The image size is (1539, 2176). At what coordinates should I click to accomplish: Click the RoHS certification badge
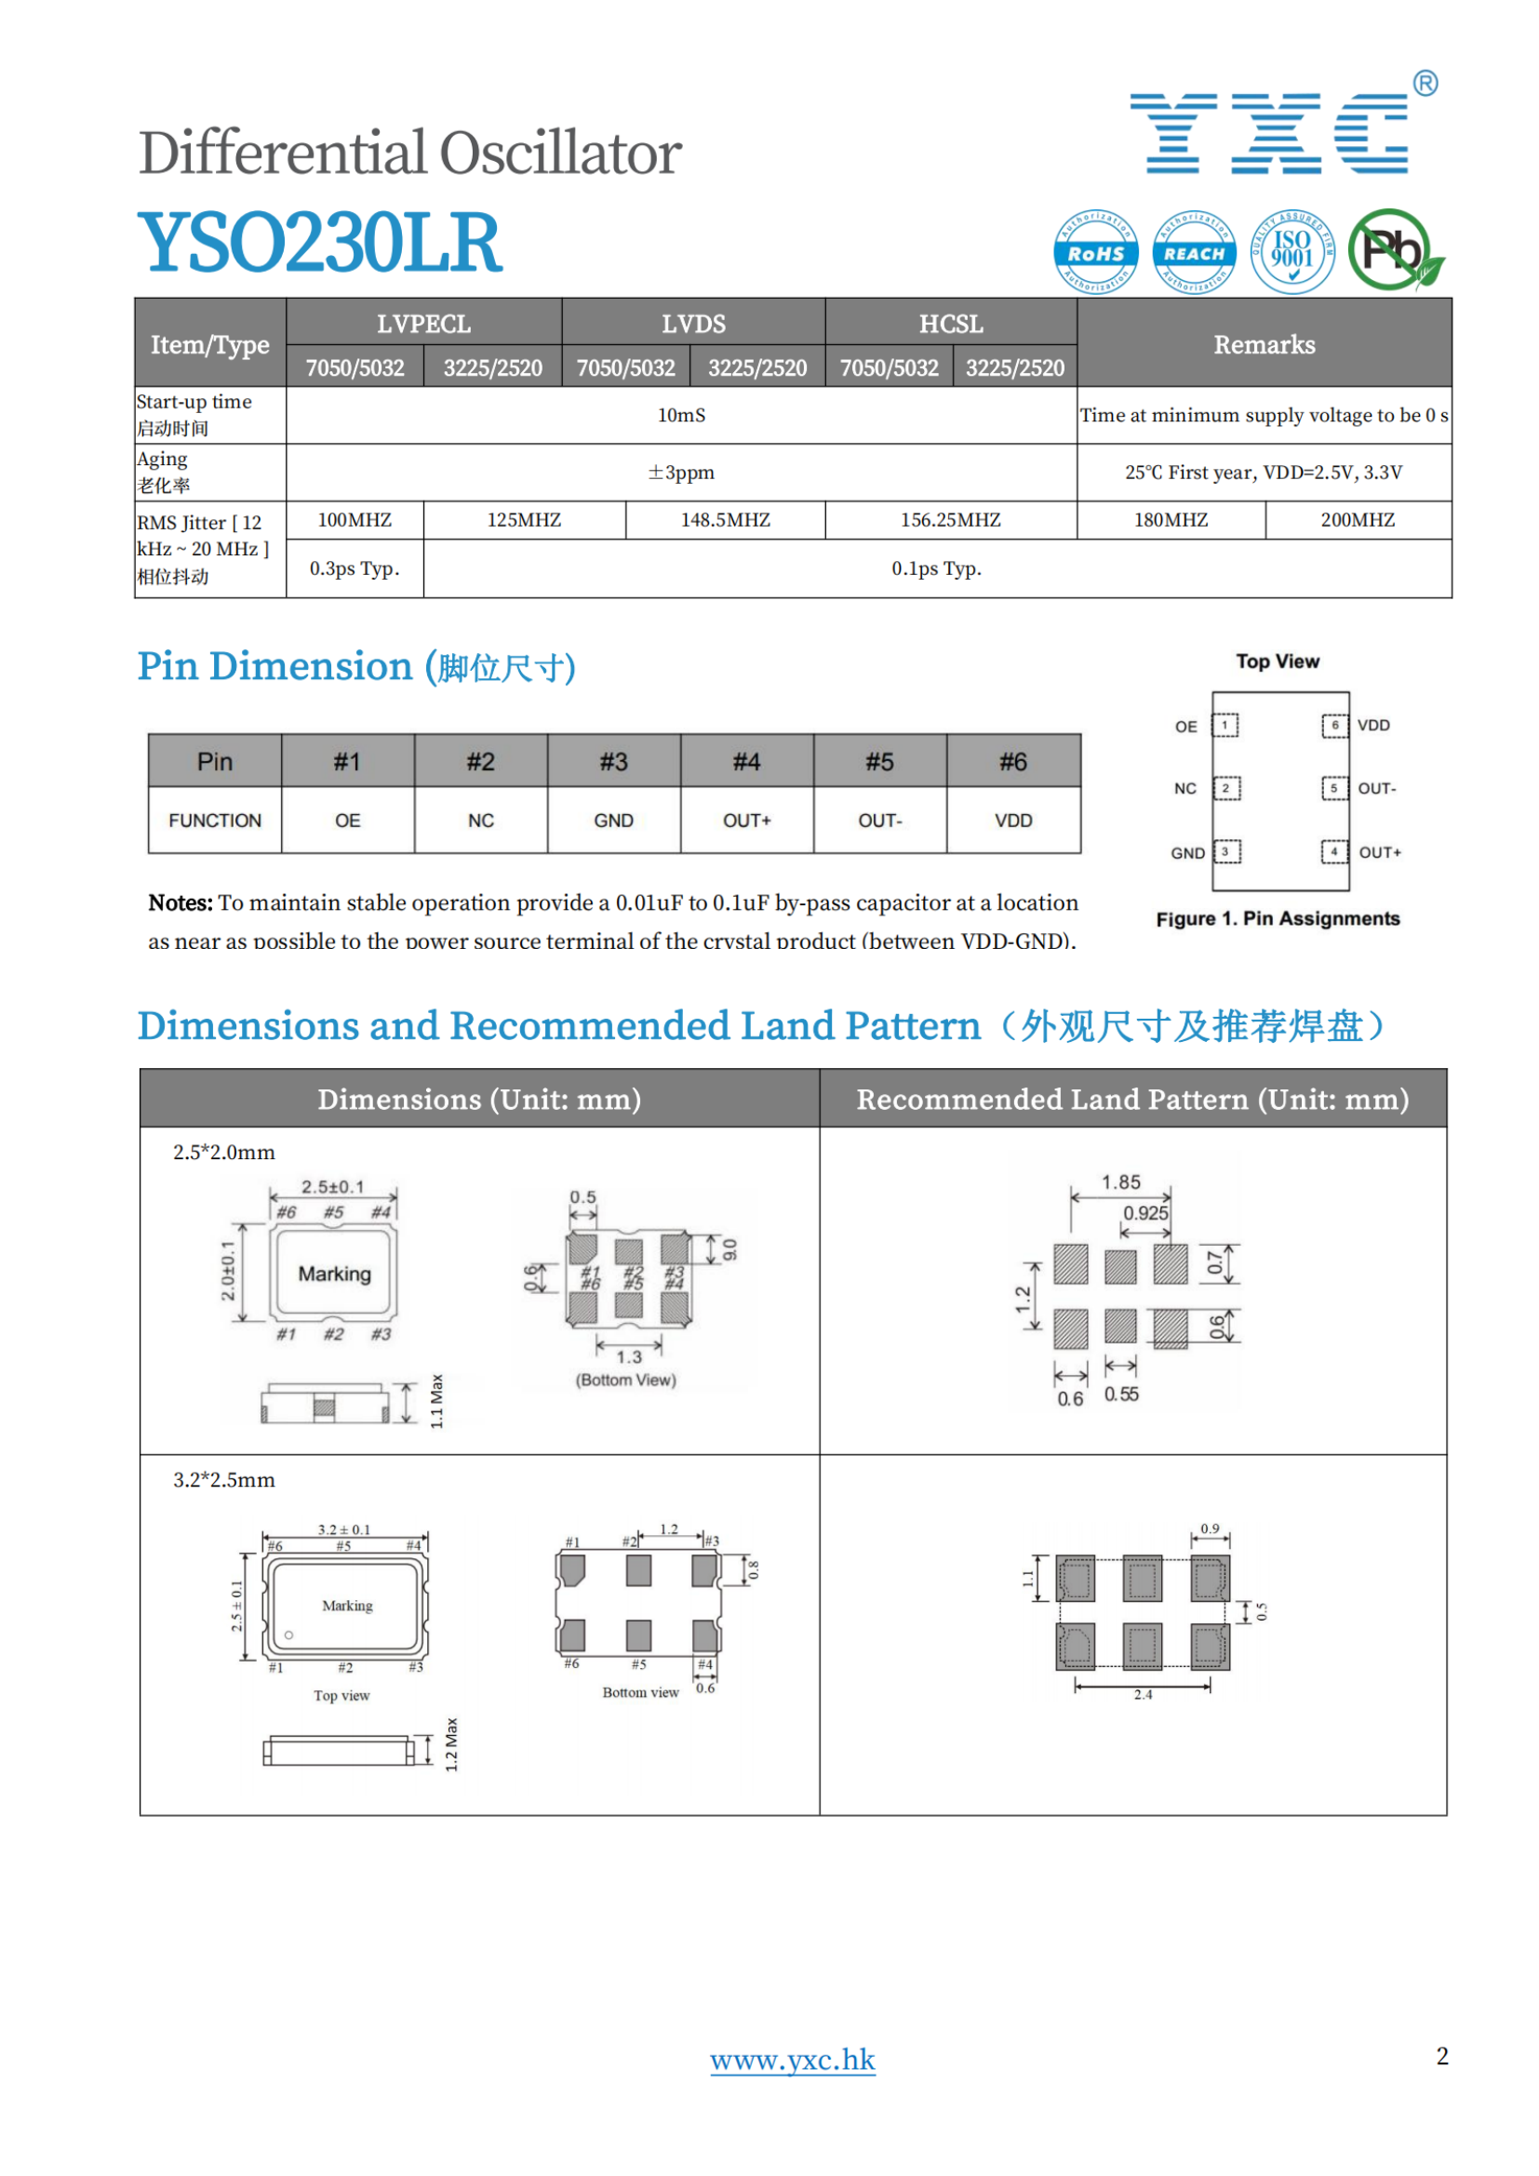click(1095, 252)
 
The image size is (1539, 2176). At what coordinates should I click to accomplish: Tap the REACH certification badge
click(1194, 252)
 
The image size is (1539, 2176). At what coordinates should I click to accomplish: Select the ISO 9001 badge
click(1291, 251)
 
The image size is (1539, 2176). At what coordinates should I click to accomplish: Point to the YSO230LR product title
click(319, 243)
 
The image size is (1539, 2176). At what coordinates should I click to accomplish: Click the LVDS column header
click(693, 324)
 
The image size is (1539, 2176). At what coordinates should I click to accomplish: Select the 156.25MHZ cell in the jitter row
click(950, 520)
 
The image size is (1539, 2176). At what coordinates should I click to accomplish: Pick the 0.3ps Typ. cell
click(355, 568)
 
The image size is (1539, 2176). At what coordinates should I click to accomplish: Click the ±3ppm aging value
click(680, 472)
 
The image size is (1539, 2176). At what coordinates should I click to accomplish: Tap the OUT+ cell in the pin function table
click(747, 821)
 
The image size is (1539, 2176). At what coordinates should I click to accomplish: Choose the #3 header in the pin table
click(613, 762)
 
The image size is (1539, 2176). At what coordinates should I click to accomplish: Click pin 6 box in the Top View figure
click(1334, 726)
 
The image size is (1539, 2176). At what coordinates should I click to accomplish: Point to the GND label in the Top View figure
click(1186, 853)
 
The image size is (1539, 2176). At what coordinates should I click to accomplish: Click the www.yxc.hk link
click(792, 2060)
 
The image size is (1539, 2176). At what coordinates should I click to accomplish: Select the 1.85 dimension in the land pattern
click(1120, 1181)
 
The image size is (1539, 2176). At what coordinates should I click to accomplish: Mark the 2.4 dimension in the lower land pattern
click(1143, 1694)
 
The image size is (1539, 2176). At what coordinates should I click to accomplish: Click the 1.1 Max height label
click(437, 1401)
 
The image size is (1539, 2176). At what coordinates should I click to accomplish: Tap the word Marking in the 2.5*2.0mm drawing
click(335, 1274)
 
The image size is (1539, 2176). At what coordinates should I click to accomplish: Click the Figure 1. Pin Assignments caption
click(1278, 918)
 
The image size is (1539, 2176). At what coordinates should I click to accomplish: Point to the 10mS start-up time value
click(680, 415)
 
